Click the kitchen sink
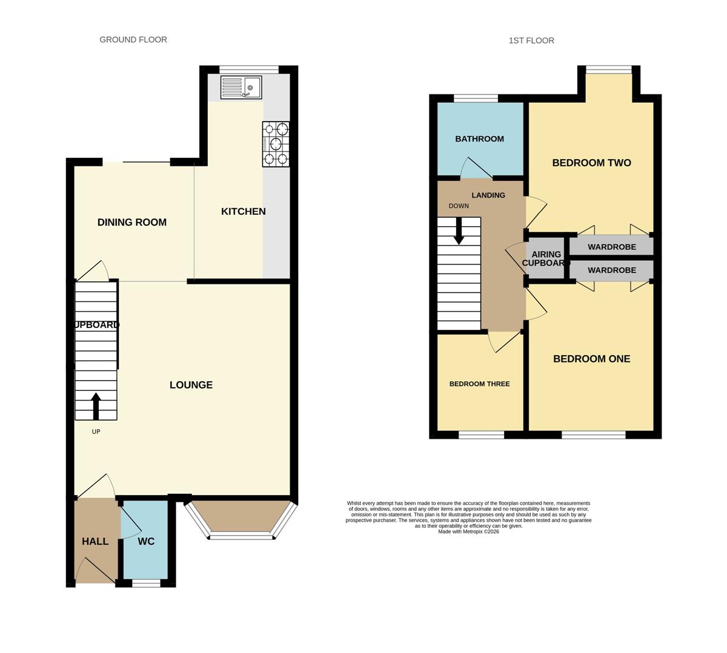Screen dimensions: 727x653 tap(241, 87)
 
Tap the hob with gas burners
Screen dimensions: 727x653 tap(276, 144)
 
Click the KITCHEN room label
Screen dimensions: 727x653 tap(243, 211)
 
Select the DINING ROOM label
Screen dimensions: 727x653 tap(132, 222)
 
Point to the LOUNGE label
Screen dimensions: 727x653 tap(191, 385)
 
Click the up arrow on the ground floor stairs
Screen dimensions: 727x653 tap(96, 406)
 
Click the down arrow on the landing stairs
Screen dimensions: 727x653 tap(459, 231)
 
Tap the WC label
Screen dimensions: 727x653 tap(146, 541)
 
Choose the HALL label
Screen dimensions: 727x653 tap(95, 541)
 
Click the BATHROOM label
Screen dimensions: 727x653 tap(479, 139)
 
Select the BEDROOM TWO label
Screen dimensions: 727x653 tap(591, 163)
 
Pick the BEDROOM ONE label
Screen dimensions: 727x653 tap(591, 358)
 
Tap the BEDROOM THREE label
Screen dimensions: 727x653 tap(479, 384)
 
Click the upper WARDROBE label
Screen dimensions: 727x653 tap(612, 247)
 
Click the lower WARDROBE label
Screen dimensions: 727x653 tap(612, 270)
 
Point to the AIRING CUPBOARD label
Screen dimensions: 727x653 tap(546, 258)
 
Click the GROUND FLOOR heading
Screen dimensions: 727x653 tap(133, 40)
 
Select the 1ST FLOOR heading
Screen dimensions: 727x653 tap(531, 41)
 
